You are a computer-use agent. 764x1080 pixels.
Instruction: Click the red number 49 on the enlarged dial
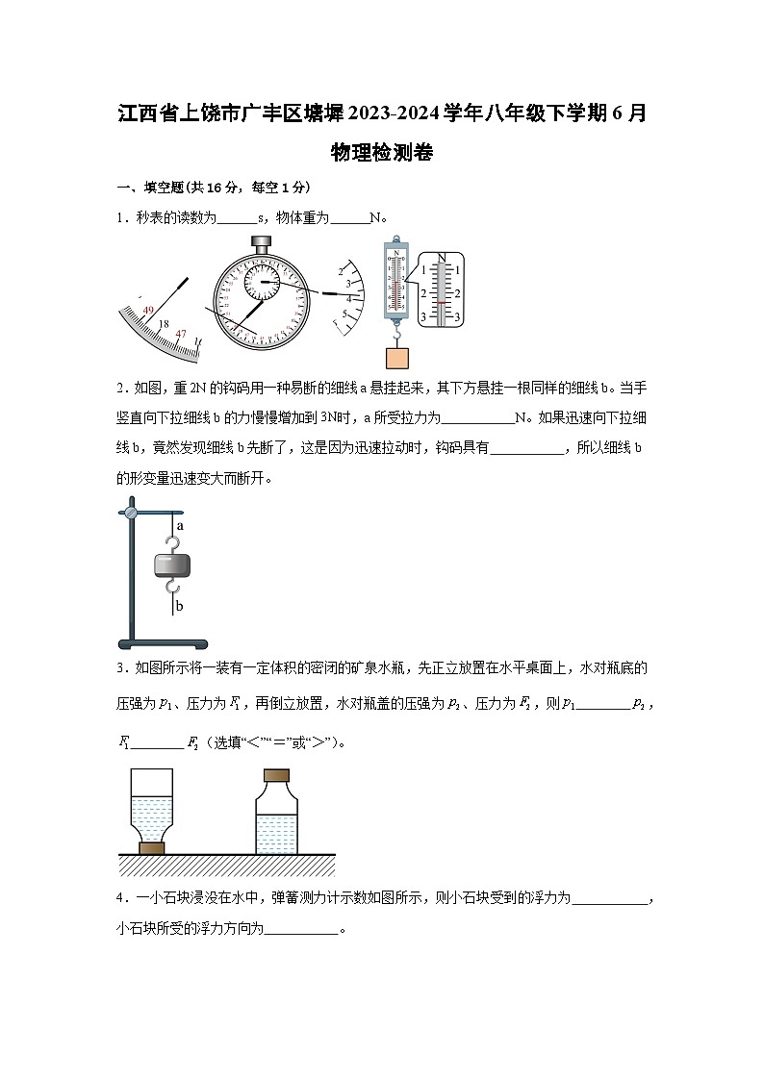pyautogui.click(x=148, y=311)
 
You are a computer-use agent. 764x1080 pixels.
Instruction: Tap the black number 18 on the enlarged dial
pyautogui.click(x=164, y=324)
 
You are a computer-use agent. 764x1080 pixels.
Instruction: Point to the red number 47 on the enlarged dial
pyautogui.click(x=180, y=333)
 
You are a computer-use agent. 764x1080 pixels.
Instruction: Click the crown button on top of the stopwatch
pyautogui.click(x=260, y=242)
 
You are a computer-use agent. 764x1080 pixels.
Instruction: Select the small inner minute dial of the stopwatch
pyautogui.click(x=261, y=282)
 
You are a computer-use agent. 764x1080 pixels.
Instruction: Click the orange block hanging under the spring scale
pyautogui.click(x=397, y=357)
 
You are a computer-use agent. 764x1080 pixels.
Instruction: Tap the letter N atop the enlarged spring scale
pyautogui.click(x=442, y=258)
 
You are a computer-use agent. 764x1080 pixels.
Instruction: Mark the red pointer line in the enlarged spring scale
pyautogui.click(x=442, y=302)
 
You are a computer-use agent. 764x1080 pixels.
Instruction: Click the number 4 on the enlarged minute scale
pyautogui.click(x=349, y=299)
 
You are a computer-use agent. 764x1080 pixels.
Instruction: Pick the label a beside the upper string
pyautogui.click(x=180, y=526)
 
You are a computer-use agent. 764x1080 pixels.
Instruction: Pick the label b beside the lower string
pyautogui.click(x=180, y=606)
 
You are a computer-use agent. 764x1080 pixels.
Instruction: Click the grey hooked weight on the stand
pyautogui.click(x=172, y=565)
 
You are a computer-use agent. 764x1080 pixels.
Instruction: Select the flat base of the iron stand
pyautogui.click(x=163, y=643)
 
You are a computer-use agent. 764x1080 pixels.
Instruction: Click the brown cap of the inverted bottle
pyautogui.click(x=151, y=847)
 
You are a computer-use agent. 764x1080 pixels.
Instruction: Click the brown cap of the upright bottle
pyautogui.click(x=276, y=775)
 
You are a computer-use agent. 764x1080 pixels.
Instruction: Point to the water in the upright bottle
pyautogui.click(x=276, y=833)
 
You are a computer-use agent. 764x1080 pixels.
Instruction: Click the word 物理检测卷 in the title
pyautogui.click(x=381, y=152)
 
